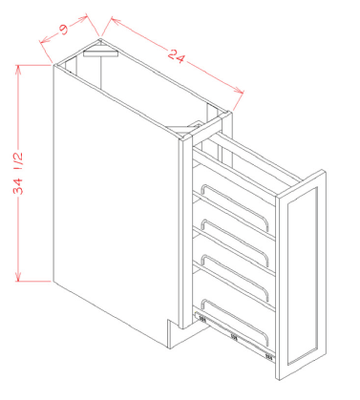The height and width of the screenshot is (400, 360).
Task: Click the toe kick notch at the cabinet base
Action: (172, 334)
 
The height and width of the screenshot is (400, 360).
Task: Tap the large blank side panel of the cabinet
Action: (110, 210)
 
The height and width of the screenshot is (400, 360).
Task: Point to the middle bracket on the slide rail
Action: (234, 336)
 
